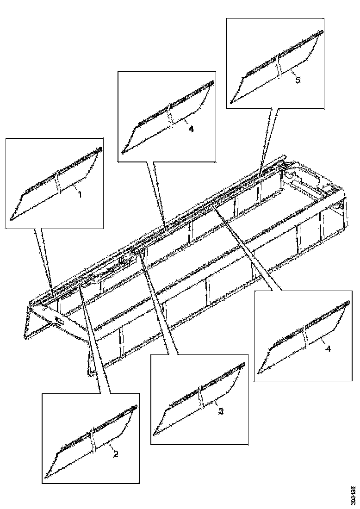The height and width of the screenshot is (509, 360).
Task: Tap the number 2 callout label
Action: click(116, 453)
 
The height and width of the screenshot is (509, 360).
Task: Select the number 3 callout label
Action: click(221, 411)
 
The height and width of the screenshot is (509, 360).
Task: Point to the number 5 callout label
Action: click(298, 80)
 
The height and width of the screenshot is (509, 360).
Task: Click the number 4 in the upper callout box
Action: click(191, 129)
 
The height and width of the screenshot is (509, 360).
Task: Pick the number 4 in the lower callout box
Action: click(328, 348)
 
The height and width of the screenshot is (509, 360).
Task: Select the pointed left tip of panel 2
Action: click(45, 477)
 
